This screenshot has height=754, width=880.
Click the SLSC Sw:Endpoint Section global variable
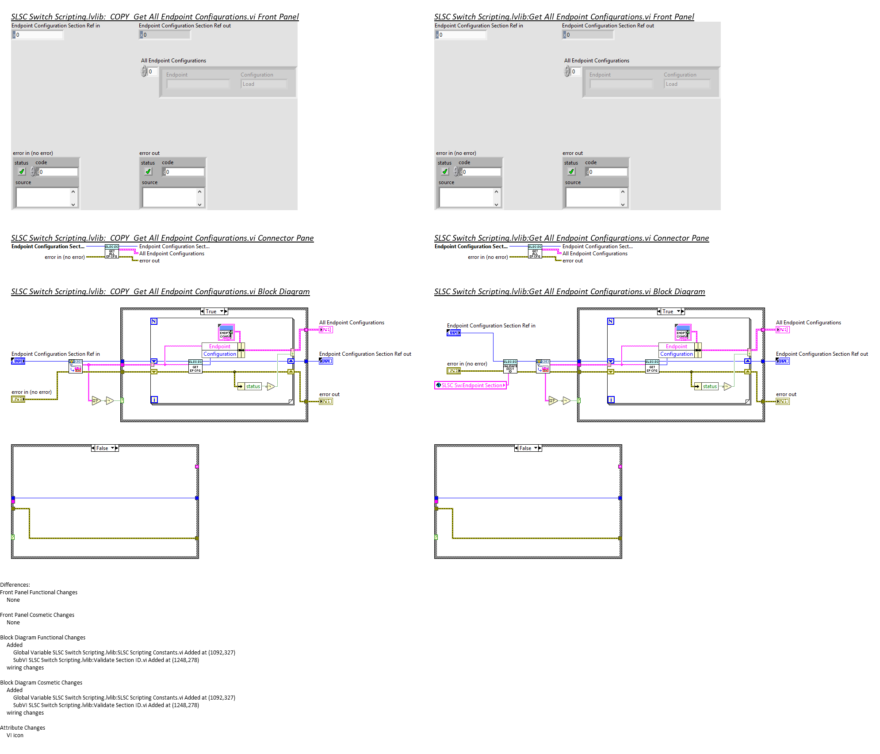pyautogui.click(x=471, y=385)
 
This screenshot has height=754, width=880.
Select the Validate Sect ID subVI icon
pyautogui.click(x=510, y=366)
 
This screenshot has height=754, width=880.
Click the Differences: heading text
pyautogui.click(x=15, y=585)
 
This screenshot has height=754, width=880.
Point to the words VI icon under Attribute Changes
pyautogui.click(x=15, y=735)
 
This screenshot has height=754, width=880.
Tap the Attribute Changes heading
pyautogui.click(x=23, y=727)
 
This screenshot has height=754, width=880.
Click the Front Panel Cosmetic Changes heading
pyautogui.click(x=37, y=615)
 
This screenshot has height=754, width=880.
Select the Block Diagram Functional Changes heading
pyautogui.click(x=42, y=637)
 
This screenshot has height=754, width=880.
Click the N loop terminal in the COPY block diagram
pyautogui.click(x=154, y=321)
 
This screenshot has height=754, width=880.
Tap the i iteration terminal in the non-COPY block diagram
pyautogui.click(x=611, y=400)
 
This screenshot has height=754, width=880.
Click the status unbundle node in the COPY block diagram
pyautogui.click(x=250, y=386)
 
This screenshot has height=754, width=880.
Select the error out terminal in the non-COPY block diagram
pyautogui.click(x=782, y=401)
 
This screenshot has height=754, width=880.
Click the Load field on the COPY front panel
pyautogui.click(x=264, y=84)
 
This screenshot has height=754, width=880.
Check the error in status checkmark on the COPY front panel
pyautogui.click(x=22, y=172)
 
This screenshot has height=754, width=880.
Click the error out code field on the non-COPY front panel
pyautogui.click(x=608, y=172)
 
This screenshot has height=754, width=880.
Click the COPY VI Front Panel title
pyautogui.click(x=155, y=17)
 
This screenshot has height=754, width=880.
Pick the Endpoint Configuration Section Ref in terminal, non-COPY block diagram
pyautogui.click(x=454, y=333)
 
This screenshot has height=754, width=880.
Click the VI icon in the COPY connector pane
pyautogui.click(x=111, y=252)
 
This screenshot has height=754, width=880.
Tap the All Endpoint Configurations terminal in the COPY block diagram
pyautogui.click(x=326, y=330)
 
